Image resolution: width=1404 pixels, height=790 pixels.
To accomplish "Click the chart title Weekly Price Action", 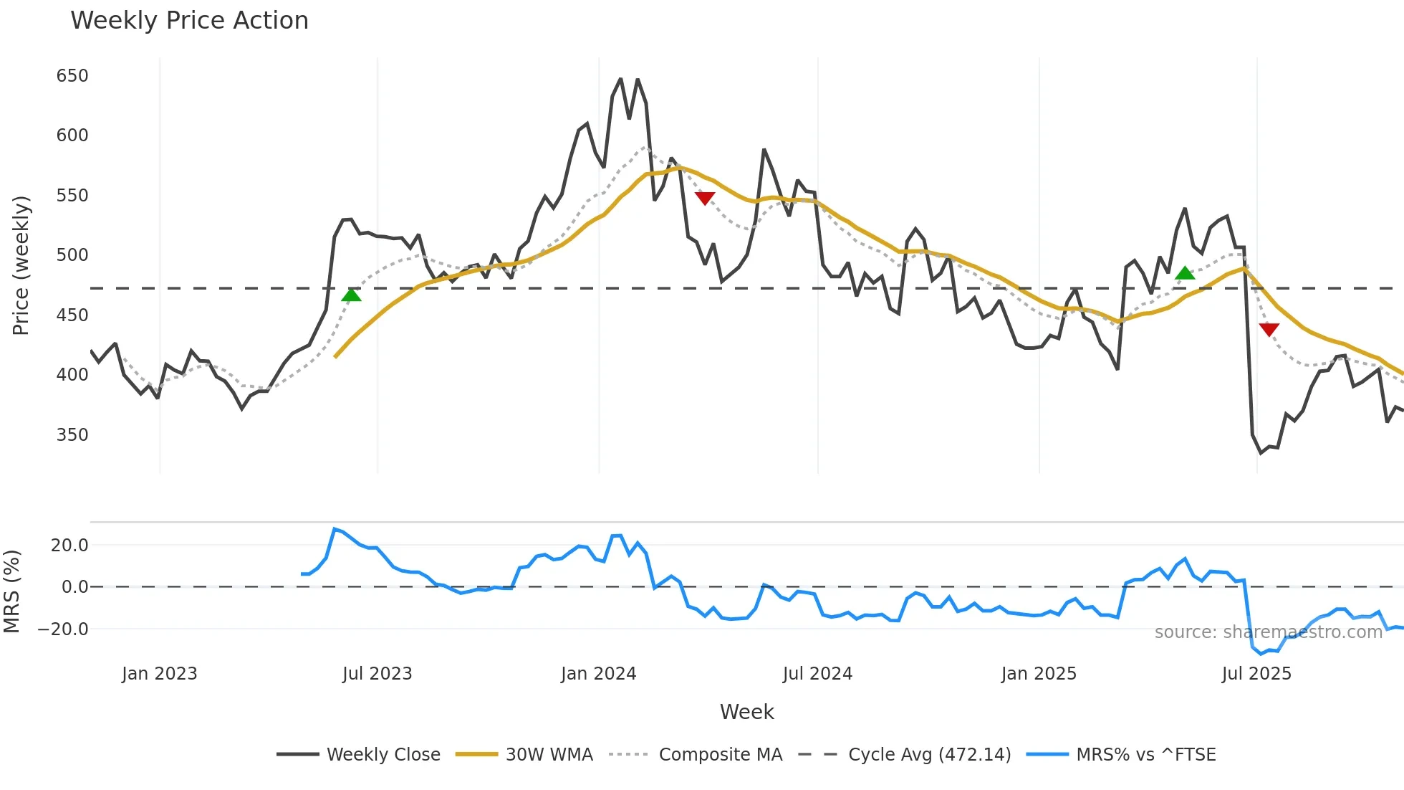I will tap(189, 21).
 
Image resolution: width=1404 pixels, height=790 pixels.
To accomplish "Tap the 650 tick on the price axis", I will tap(72, 76).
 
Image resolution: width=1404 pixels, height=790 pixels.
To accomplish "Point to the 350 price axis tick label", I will tap(72, 435).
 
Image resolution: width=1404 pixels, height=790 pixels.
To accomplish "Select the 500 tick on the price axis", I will tap(72, 255).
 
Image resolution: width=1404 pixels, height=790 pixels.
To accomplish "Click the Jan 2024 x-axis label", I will tap(598, 674).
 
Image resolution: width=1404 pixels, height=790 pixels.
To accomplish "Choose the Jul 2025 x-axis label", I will tap(1256, 674).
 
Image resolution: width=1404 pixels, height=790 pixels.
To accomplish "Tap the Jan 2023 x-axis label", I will tap(159, 674).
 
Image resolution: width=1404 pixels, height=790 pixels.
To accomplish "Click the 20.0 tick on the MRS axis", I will tap(69, 546).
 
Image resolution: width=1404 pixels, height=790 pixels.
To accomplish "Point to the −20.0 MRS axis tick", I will tap(64, 629).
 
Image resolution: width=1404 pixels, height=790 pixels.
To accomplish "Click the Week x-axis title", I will tap(746, 712).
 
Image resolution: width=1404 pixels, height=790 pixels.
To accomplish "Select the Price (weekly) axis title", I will tap(21, 265).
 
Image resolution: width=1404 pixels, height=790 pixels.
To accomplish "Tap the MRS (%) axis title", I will tap(12, 591).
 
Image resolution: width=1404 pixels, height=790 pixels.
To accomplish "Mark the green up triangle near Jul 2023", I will tap(351, 295).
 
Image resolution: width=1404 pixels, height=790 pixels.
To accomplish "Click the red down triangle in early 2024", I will tap(705, 198).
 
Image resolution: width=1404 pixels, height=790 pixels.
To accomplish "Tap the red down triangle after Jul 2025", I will tap(1269, 329).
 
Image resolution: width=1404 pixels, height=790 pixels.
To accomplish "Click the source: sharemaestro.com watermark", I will tap(1268, 632).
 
